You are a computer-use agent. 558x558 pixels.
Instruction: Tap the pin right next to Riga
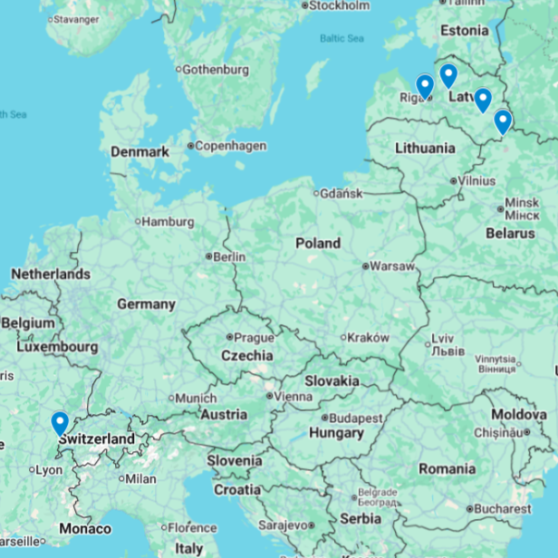pos(424,87)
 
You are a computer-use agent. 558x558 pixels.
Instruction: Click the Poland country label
pos(318,243)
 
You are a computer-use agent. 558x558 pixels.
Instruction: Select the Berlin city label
pos(228,256)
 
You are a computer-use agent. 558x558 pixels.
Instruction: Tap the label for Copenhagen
pos(231,146)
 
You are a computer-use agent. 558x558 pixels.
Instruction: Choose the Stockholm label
pos(339,5)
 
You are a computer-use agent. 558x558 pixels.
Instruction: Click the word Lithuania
pos(425,148)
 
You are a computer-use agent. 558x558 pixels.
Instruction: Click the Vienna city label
pos(292,396)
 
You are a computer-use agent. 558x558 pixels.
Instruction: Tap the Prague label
pos(254,337)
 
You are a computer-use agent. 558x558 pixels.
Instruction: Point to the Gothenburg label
pos(216,69)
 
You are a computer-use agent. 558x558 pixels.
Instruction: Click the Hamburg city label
pos(168,221)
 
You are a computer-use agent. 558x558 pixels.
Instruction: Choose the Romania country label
pos(447,468)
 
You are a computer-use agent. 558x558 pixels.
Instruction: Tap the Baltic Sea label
pos(342,38)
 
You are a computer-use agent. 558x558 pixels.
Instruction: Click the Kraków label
pos(369,337)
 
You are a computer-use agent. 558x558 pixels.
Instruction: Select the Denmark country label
pos(140,152)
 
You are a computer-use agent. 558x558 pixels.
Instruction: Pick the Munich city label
pos(196,398)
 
